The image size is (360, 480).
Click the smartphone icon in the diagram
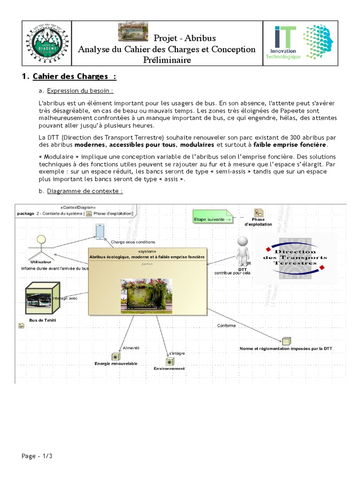tap(99, 231)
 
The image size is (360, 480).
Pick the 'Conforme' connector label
tap(226, 325)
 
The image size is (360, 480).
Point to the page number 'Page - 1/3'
tap(37, 456)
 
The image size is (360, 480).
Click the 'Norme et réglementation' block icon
tap(286, 341)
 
